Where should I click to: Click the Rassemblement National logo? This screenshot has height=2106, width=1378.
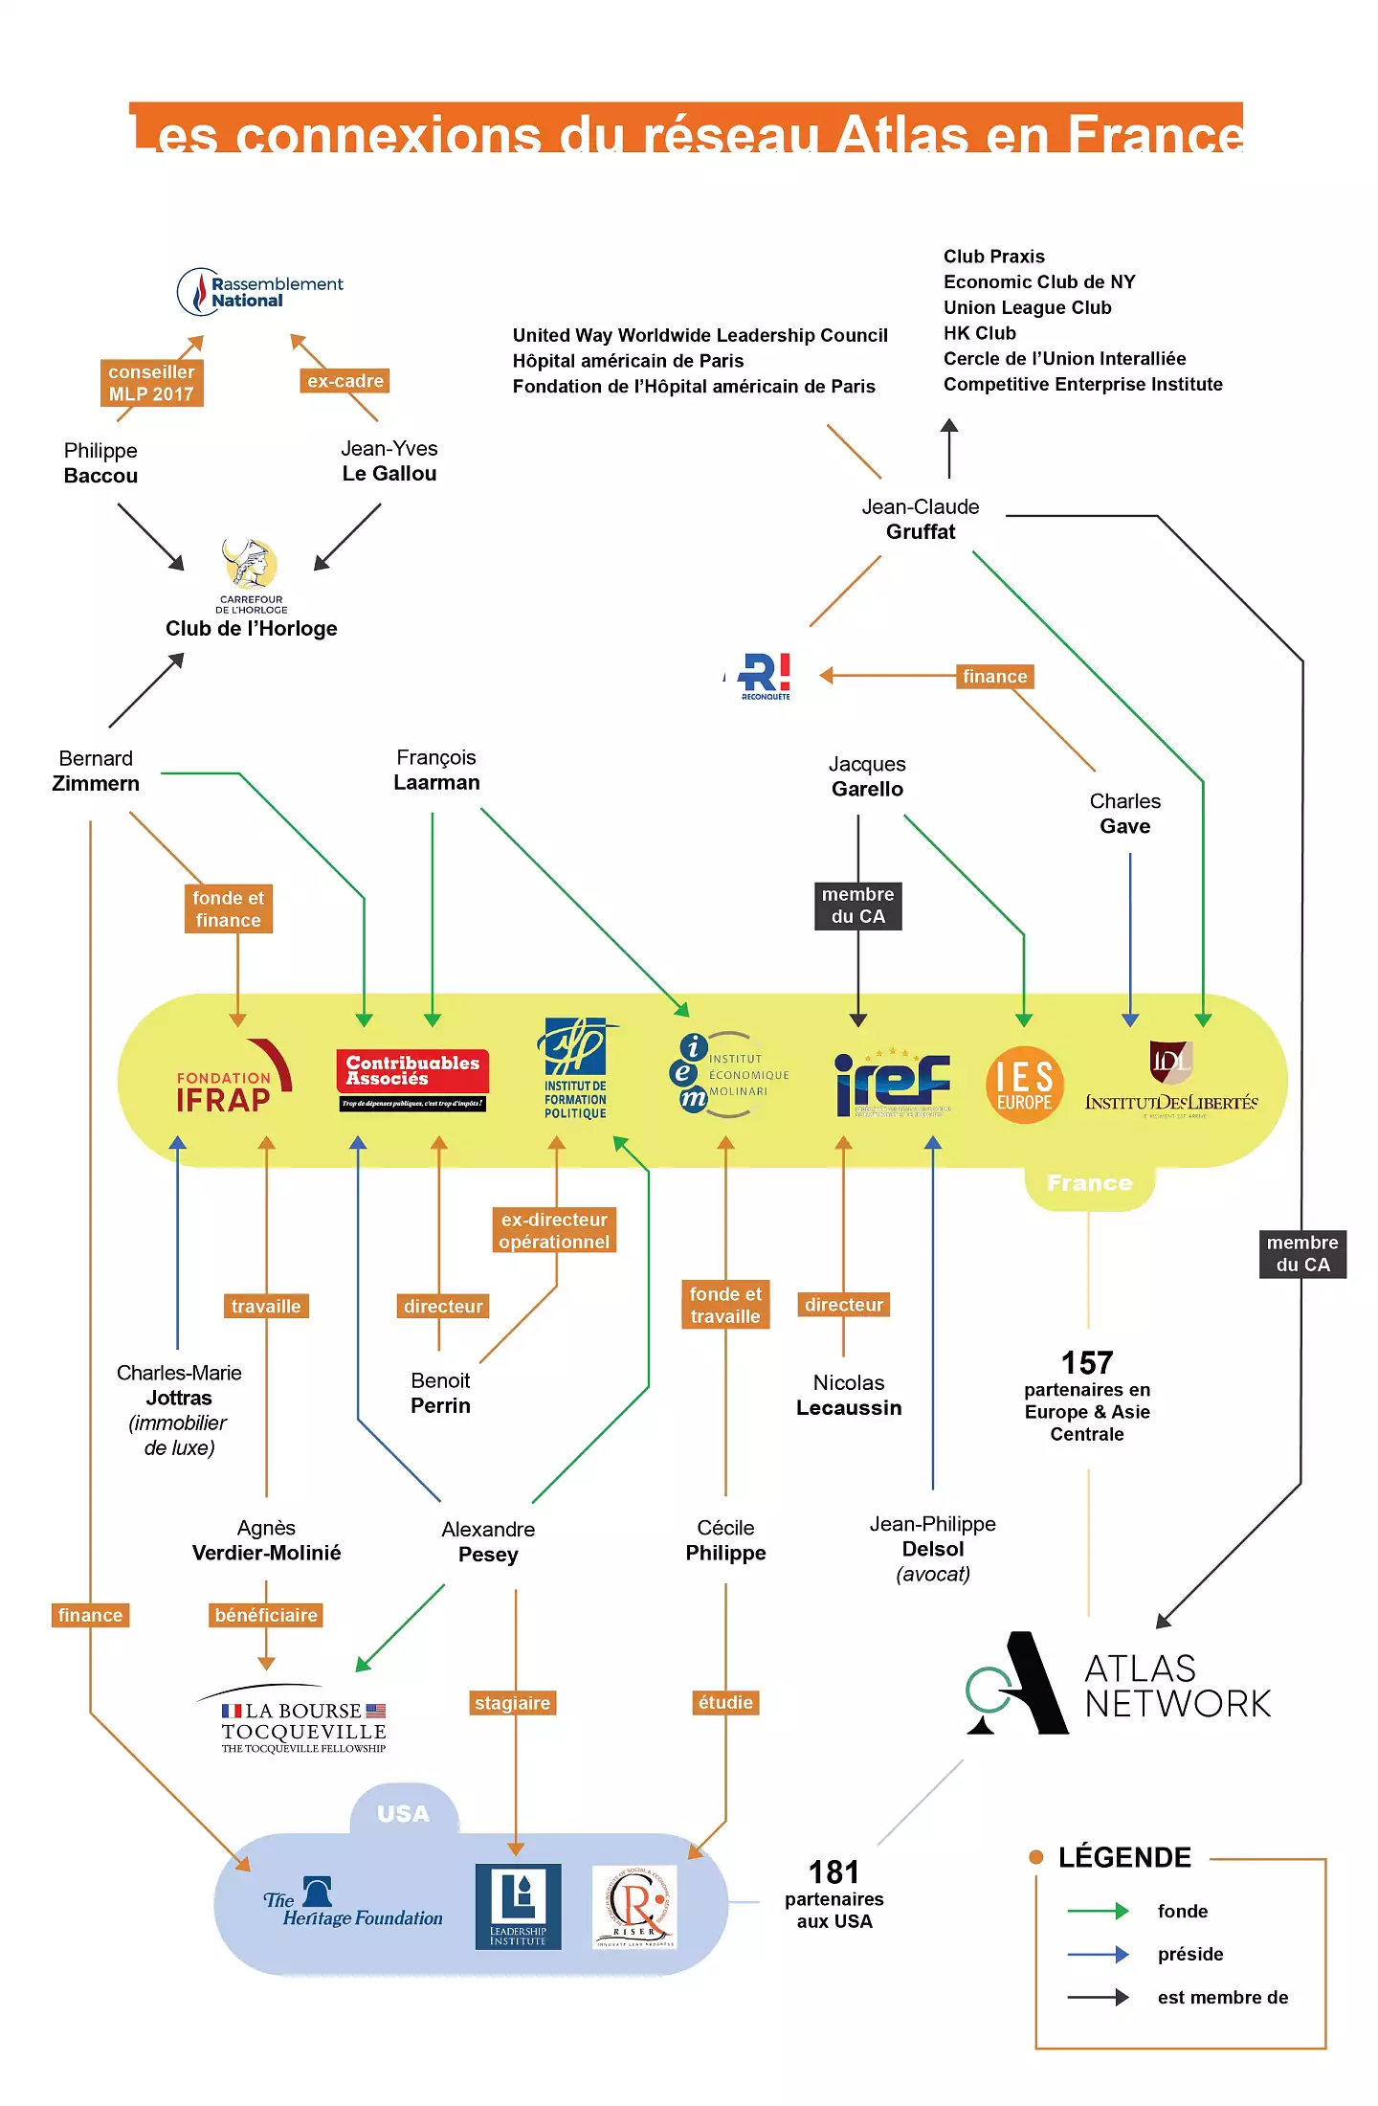click(259, 292)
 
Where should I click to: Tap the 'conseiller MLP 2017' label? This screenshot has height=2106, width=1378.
click(151, 383)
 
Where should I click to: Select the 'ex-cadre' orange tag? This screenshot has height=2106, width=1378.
click(344, 381)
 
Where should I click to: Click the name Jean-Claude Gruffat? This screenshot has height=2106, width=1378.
click(921, 520)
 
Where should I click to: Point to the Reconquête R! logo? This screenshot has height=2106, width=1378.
click(766, 676)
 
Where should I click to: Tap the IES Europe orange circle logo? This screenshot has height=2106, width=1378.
click(1024, 1085)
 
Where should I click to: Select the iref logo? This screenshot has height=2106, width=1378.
click(893, 1084)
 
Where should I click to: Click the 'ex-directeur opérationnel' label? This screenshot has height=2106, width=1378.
click(554, 1231)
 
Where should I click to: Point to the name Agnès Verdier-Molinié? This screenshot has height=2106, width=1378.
click(266, 1540)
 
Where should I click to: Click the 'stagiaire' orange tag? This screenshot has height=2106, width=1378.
click(513, 1703)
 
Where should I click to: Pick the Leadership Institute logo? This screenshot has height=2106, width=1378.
click(518, 1906)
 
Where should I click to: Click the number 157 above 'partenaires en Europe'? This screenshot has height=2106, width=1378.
click(1087, 1362)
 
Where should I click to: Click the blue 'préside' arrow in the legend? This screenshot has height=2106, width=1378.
click(1098, 1954)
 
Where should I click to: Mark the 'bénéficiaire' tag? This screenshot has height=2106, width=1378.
click(266, 1615)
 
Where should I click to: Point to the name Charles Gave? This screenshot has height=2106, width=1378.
click(1125, 814)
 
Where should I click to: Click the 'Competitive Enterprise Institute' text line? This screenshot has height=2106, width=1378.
click(1083, 384)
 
